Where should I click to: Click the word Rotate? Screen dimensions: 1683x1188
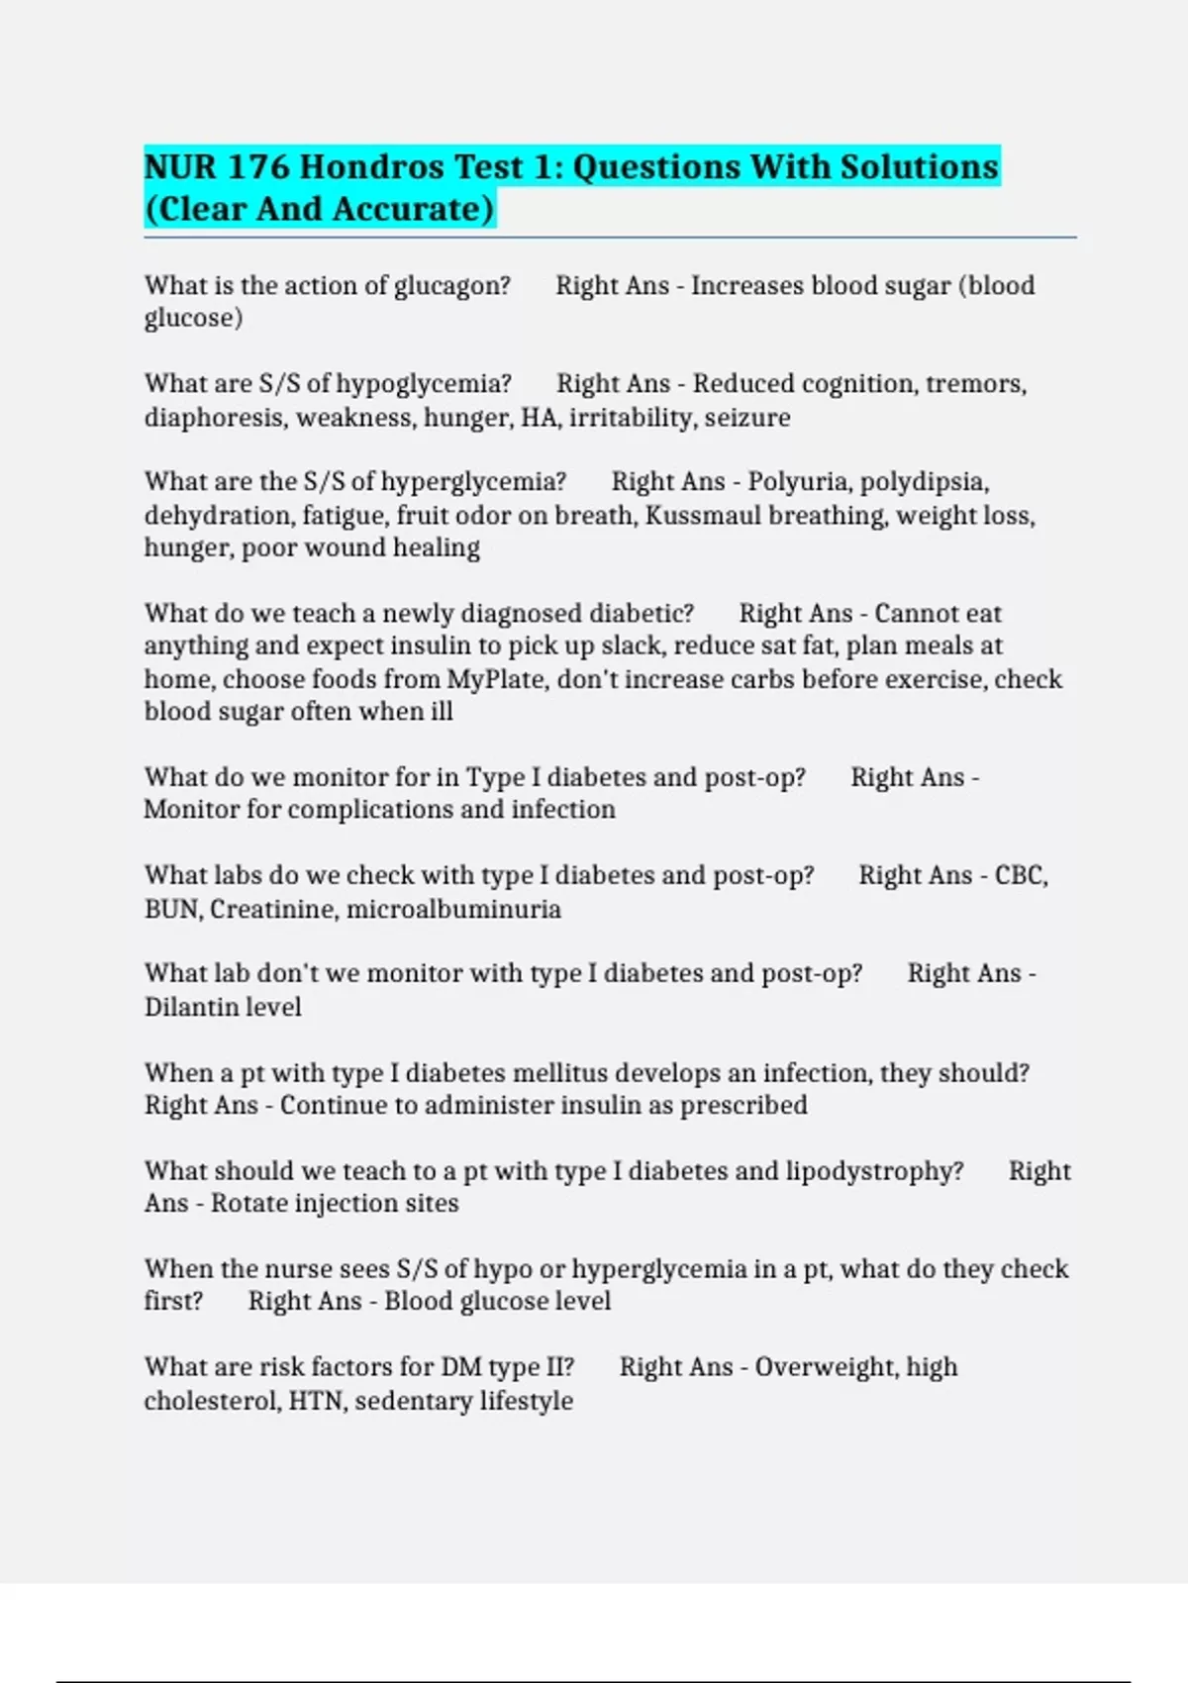[x=247, y=1204]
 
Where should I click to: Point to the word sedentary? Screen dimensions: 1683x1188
[x=413, y=1401]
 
